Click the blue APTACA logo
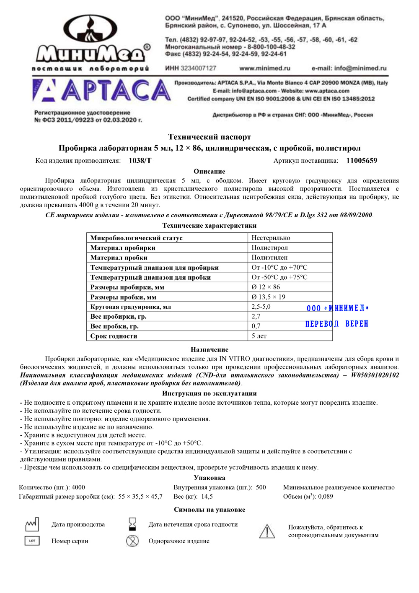tap(102, 91)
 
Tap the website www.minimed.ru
tap(264, 68)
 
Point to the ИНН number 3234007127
tap(191, 68)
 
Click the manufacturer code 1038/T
tap(140, 161)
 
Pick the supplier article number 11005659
tap(362, 161)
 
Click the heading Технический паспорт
tap(209, 137)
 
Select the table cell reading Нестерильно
tap(271, 238)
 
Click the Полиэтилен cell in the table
tap(269, 257)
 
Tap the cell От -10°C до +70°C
tap(279, 267)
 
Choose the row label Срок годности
tap(114, 336)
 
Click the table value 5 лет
tap(259, 336)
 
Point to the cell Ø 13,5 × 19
tap(268, 297)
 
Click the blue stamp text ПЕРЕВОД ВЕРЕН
tap(336, 324)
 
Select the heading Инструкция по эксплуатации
tap(209, 393)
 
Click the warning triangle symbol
tap(267, 531)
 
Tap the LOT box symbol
tap(32, 541)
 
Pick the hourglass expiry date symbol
tap(132, 524)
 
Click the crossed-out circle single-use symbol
tap(132, 541)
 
